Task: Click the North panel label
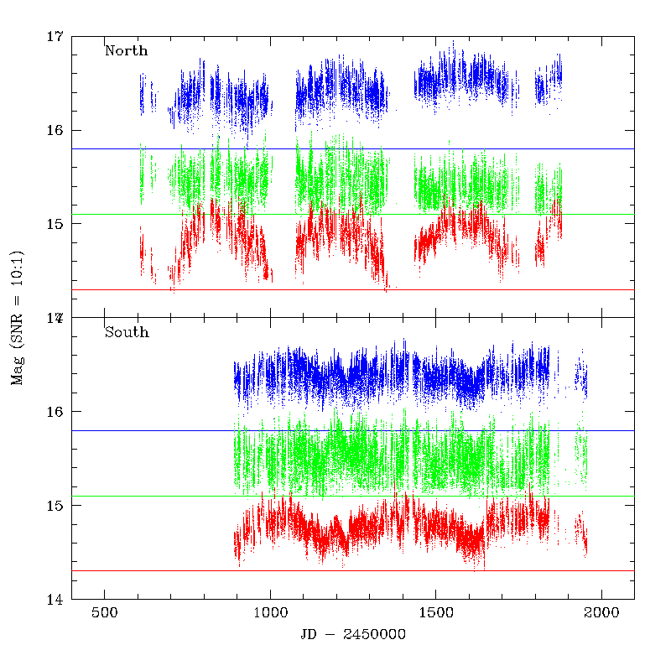(x=126, y=50)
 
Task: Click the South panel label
(x=127, y=332)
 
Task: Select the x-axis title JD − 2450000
(x=352, y=635)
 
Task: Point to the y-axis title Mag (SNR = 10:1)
(x=18, y=318)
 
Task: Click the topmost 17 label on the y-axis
(x=55, y=37)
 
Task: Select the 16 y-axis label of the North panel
(x=55, y=131)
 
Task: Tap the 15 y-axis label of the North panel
(x=55, y=224)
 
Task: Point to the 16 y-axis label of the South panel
(x=55, y=412)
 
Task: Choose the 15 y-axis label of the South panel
(x=55, y=506)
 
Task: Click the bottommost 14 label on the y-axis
(x=55, y=600)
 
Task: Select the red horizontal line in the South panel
(x=352, y=570)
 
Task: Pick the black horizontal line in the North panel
(x=352, y=148)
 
